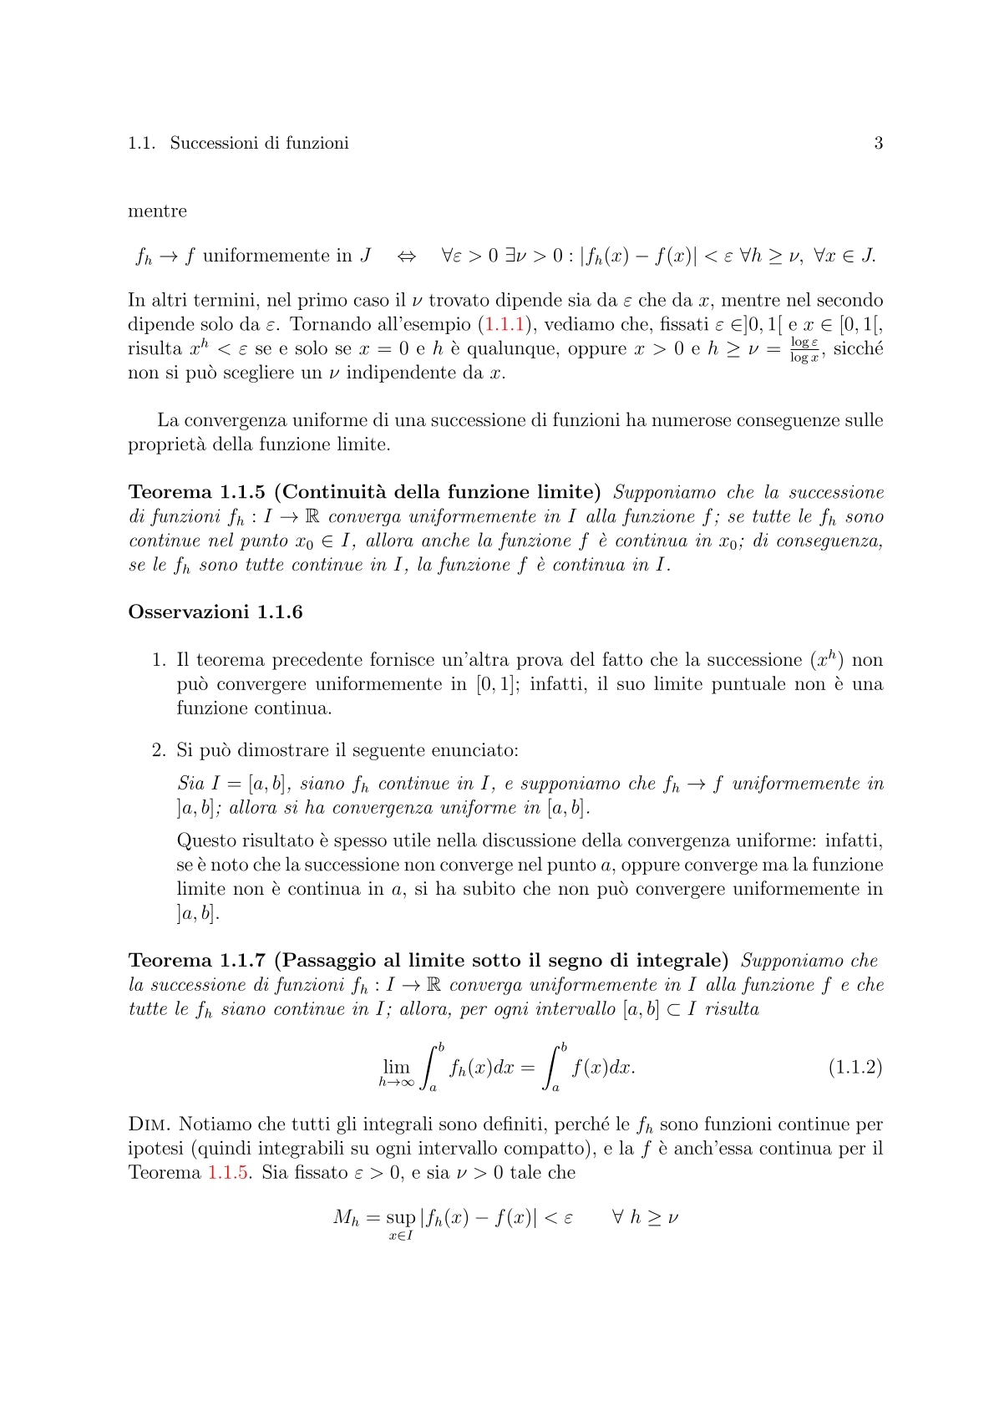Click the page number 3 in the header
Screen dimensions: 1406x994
pyautogui.click(x=878, y=143)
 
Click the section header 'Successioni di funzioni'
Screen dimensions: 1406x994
pyautogui.click(x=259, y=143)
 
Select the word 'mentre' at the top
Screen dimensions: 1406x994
pyautogui.click(x=157, y=211)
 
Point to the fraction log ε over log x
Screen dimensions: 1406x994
pyautogui.click(x=804, y=349)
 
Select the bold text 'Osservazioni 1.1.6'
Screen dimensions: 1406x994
pyautogui.click(x=215, y=612)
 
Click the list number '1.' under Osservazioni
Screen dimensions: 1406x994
pyautogui.click(x=159, y=661)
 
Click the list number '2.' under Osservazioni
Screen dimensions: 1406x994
pyautogui.click(x=159, y=750)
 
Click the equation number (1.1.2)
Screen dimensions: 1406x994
pyautogui.click(x=855, y=1067)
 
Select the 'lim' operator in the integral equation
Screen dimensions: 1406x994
pyautogui.click(x=396, y=1067)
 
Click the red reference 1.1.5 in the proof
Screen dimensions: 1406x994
pyautogui.click(x=227, y=1173)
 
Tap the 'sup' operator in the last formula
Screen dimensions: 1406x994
pyautogui.click(x=401, y=1218)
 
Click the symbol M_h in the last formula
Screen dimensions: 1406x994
pyautogui.click(x=345, y=1218)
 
